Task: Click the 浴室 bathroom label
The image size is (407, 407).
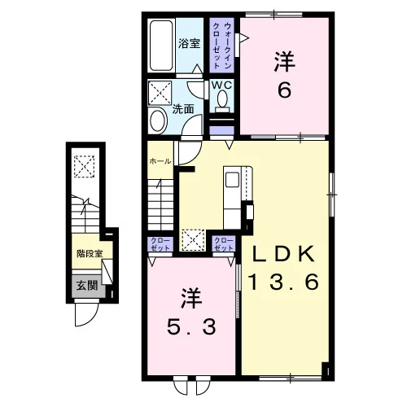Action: tap(189, 43)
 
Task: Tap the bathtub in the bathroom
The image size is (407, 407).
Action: tap(161, 46)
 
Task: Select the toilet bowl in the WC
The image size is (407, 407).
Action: tap(222, 98)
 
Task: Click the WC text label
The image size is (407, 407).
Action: tap(222, 85)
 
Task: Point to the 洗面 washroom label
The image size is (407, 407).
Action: tap(183, 109)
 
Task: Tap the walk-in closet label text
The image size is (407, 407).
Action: tap(222, 46)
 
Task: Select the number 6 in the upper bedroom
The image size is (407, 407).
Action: tap(284, 90)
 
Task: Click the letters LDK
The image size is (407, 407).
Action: tap(284, 254)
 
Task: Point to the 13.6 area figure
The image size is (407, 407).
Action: tap(284, 282)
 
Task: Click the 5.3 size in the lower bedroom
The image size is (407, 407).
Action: tap(191, 326)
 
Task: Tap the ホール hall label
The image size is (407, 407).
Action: tap(160, 161)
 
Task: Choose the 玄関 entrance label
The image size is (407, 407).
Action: tap(86, 286)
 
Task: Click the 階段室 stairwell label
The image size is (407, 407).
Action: tap(90, 254)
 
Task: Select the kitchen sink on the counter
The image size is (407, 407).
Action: tap(232, 180)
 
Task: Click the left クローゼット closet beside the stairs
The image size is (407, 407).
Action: tap(160, 244)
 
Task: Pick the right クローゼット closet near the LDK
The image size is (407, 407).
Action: tap(224, 244)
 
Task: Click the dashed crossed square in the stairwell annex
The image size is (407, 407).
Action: tap(85, 166)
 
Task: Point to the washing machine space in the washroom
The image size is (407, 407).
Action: tap(160, 93)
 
